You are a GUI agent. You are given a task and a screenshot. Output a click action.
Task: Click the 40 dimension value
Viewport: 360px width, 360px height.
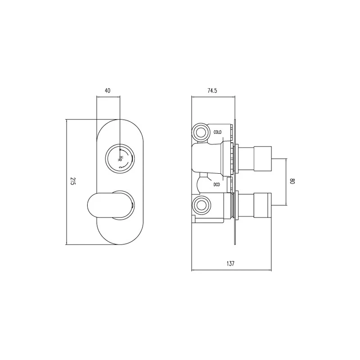click(x=108, y=90)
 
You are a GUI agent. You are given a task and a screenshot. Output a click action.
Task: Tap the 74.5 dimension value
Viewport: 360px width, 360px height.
click(x=212, y=90)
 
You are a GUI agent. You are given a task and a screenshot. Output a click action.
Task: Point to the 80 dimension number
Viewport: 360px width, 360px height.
click(x=292, y=182)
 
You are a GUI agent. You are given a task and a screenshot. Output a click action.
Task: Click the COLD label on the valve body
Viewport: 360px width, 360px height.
click(x=218, y=132)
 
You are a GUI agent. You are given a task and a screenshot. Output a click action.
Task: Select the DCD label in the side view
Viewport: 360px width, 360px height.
click(x=217, y=184)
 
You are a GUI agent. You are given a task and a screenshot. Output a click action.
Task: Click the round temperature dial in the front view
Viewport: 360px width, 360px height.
click(x=119, y=158)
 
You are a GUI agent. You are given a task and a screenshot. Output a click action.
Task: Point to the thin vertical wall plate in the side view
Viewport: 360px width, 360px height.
click(x=235, y=182)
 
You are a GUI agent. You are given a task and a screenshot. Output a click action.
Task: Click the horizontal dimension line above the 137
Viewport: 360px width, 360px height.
click(x=231, y=270)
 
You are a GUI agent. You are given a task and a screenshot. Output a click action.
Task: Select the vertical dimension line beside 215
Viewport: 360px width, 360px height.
click(x=67, y=182)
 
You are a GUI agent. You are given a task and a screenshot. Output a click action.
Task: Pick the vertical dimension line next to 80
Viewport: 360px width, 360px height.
click(x=287, y=182)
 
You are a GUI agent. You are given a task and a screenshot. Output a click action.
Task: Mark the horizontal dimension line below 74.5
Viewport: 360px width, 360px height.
click(x=213, y=97)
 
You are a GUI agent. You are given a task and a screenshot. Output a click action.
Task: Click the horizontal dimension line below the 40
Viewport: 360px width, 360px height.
click(x=108, y=97)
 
